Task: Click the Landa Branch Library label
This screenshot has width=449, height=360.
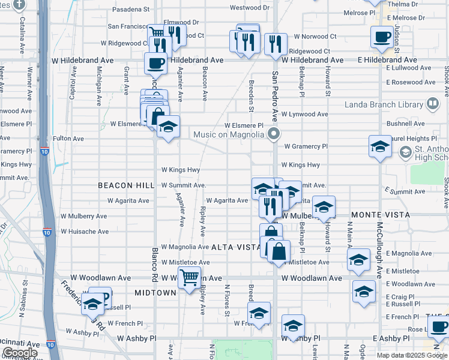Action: coord(384,105)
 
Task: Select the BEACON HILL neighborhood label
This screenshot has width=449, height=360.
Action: coord(126,186)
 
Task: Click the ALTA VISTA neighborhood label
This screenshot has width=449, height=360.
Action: coord(237,247)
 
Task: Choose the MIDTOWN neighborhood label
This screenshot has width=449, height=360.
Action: coord(155,293)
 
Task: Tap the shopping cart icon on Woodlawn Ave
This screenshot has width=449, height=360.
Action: coord(189,277)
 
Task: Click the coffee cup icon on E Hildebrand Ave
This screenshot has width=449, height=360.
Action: coord(382,38)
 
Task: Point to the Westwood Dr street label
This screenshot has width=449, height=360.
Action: coord(250,8)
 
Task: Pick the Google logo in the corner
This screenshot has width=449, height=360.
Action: coord(20,353)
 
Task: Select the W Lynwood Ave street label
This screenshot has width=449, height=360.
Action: coord(305,114)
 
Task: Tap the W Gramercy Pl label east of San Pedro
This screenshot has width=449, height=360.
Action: coord(306,146)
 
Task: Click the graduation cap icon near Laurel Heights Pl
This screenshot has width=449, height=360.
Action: coord(380,146)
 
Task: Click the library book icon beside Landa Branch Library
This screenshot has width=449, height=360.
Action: coord(432,105)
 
